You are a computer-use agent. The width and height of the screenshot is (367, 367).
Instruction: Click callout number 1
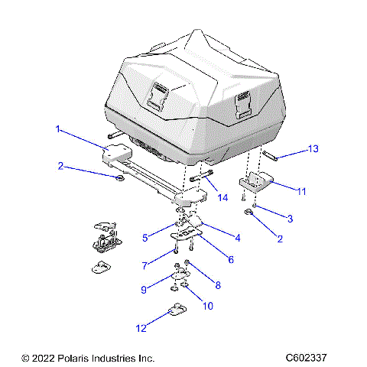coord(57,129)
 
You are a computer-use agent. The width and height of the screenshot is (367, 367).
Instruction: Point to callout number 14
coord(223,197)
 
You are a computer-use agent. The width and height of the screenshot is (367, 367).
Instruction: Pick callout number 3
coord(290,219)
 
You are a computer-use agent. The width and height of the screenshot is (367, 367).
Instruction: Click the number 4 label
coord(238,238)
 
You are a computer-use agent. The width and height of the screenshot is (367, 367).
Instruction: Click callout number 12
coord(140,328)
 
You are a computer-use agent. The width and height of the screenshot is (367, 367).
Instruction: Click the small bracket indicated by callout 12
coord(177,310)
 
